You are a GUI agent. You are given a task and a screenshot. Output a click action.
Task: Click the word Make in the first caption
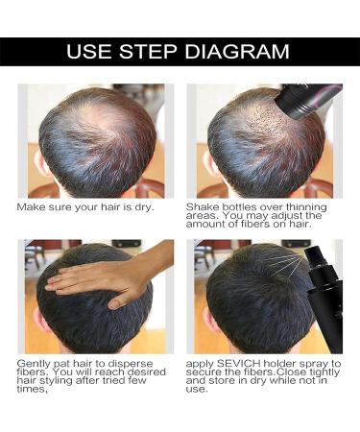coord(32,206)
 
